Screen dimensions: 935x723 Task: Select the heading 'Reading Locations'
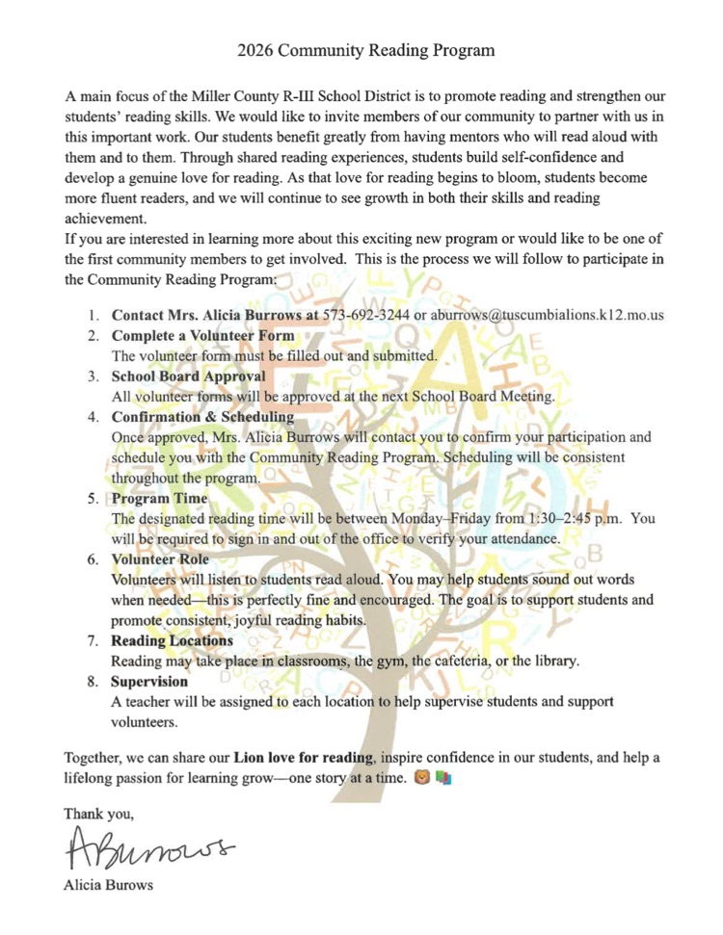coord(173,640)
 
